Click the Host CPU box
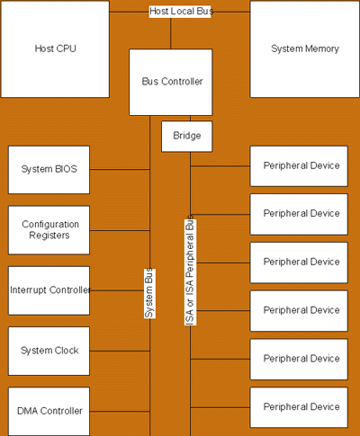(55, 49)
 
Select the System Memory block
(305, 49)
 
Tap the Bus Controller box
(171, 82)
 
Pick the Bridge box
(186, 137)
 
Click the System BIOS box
(49, 170)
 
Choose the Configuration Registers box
(49, 230)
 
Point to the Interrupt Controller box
(49, 290)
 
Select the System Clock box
(49, 351)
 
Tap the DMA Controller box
(49, 411)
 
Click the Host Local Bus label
(181, 12)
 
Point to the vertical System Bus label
(149, 293)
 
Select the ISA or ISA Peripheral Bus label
(190, 271)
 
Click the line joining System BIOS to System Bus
(120, 169)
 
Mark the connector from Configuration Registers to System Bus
(120, 230)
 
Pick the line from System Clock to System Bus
(120, 351)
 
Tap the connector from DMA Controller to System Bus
(120, 412)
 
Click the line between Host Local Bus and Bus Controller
(171, 33)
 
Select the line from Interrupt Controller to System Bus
(117, 290)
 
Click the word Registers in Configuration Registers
(49, 236)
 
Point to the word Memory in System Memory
(322, 49)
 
